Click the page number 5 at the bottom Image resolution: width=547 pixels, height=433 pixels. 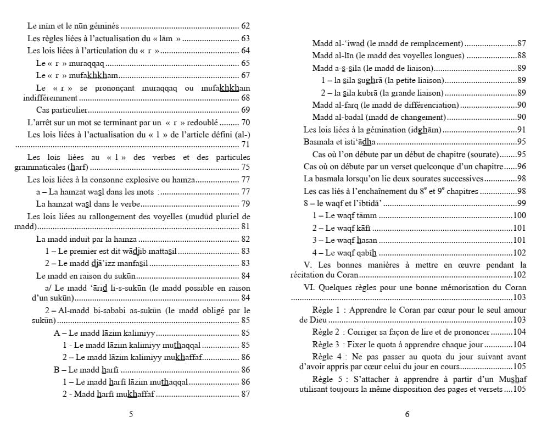coord(131,414)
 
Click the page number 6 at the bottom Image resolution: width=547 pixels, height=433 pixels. coord(407,414)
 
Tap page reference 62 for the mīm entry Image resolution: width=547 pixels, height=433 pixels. coord(245,26)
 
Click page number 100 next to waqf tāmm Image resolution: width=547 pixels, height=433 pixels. coord(519,215)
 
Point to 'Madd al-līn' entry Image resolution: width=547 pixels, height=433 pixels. coord(332,55)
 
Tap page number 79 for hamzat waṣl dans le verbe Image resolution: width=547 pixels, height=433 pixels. coord(245,203)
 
